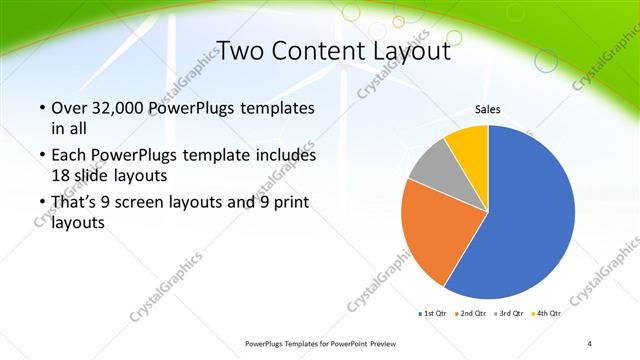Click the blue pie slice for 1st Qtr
point(525,220)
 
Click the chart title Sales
point(487,110)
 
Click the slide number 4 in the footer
point(590,344)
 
